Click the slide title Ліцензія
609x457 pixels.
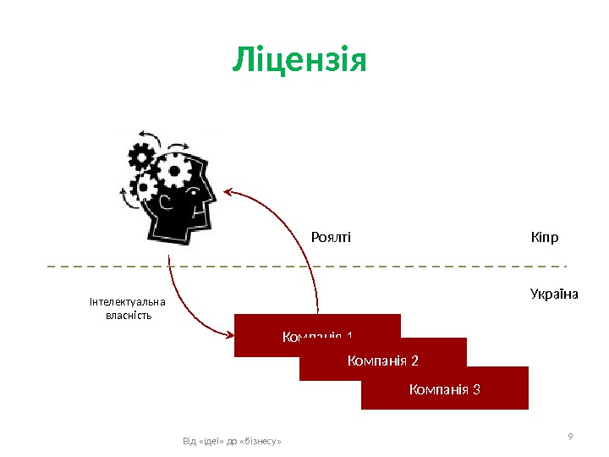pos(299,60)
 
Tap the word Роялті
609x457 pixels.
pos(331,238)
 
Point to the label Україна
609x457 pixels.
pos(553,295)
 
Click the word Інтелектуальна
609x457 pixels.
pos(128,302)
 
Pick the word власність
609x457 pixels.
pos(128,316)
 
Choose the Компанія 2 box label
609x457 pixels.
pos(383,361)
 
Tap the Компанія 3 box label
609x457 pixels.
pos(445,389)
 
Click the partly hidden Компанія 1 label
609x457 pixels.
pos(317,337)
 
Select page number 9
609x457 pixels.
pos(570,436)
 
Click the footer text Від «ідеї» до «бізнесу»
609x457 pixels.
pos(232,442)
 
